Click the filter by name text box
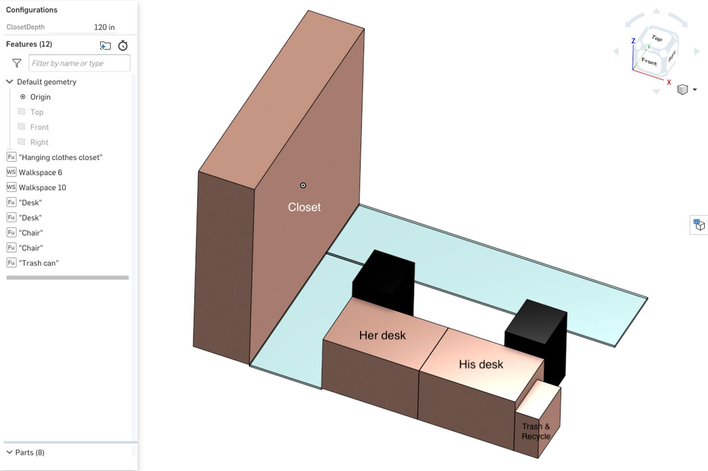coord(79,63)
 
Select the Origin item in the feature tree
coord(40,97)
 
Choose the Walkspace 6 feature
coord(40,172)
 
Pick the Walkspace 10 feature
coord(42,188)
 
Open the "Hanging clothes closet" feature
coord(60,157)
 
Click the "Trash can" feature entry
coord(38,263)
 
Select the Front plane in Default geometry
coord(39,127)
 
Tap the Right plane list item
coord(39,142)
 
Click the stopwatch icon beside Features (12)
coord(123,46)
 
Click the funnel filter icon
coord(17,63)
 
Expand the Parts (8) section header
coord(29,452)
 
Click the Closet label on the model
coord(304,207)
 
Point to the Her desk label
coord(382,335)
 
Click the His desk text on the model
coord(481,364)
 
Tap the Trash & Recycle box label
coord(535,432)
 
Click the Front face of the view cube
coord(649,61)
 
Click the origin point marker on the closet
coord(303,185)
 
